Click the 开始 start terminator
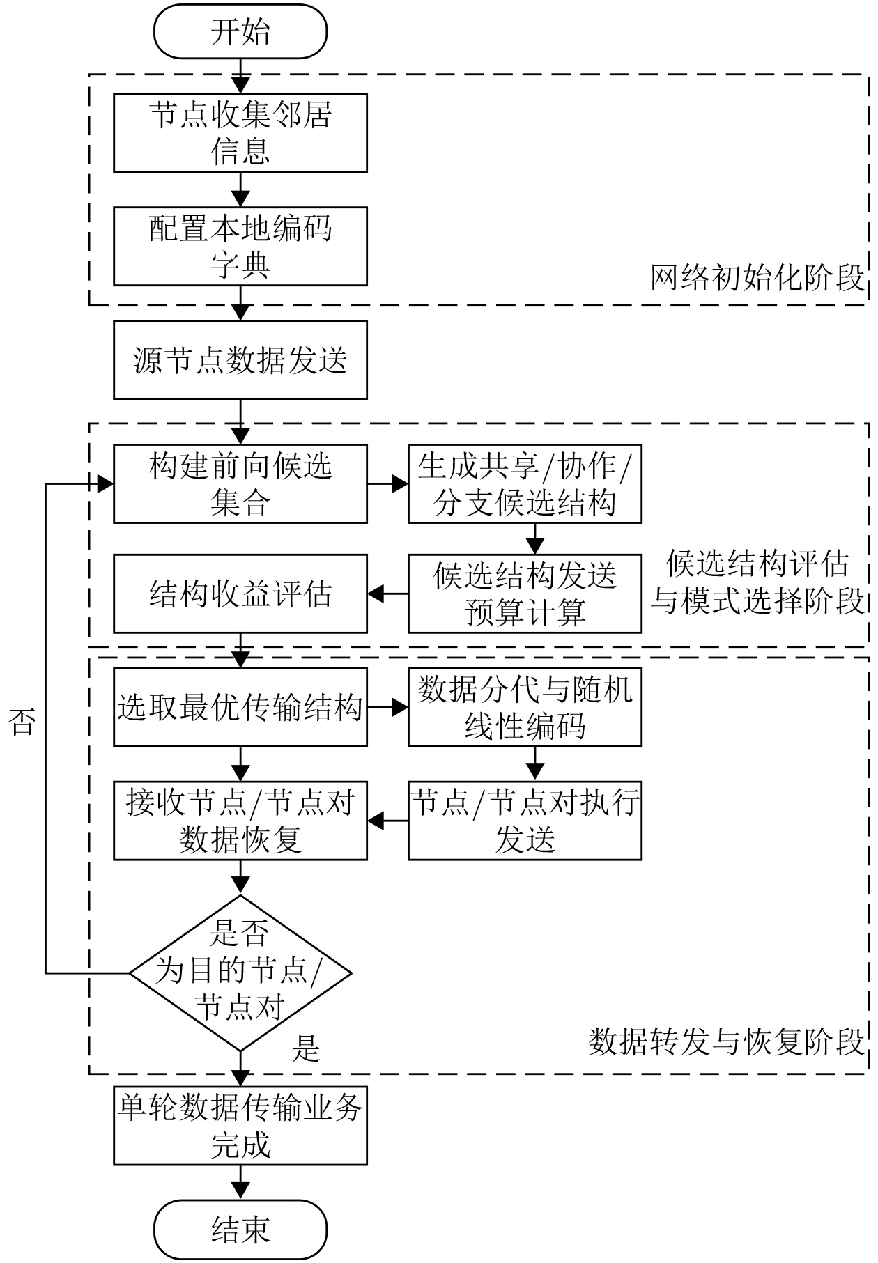(x=240, y=32)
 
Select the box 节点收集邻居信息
(x=240, y=133)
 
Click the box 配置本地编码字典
(x=240, y=246)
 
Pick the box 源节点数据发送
(x=240, y=359)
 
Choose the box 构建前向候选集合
(x=240, y=483)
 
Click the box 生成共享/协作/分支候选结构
(x=525, y=483)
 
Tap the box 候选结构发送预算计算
(x=525, y=594)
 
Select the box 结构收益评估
(x=240, y=594)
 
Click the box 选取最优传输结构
(x=240, y=708)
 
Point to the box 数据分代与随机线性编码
(x=525, y=708)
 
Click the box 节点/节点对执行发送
(x=525, y=821)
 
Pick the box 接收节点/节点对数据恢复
(x=240, y=821)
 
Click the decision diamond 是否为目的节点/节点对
(x=240, y=973)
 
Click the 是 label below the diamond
(x=306, y=1048)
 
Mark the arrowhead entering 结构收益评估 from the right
(x=376, y=594)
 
